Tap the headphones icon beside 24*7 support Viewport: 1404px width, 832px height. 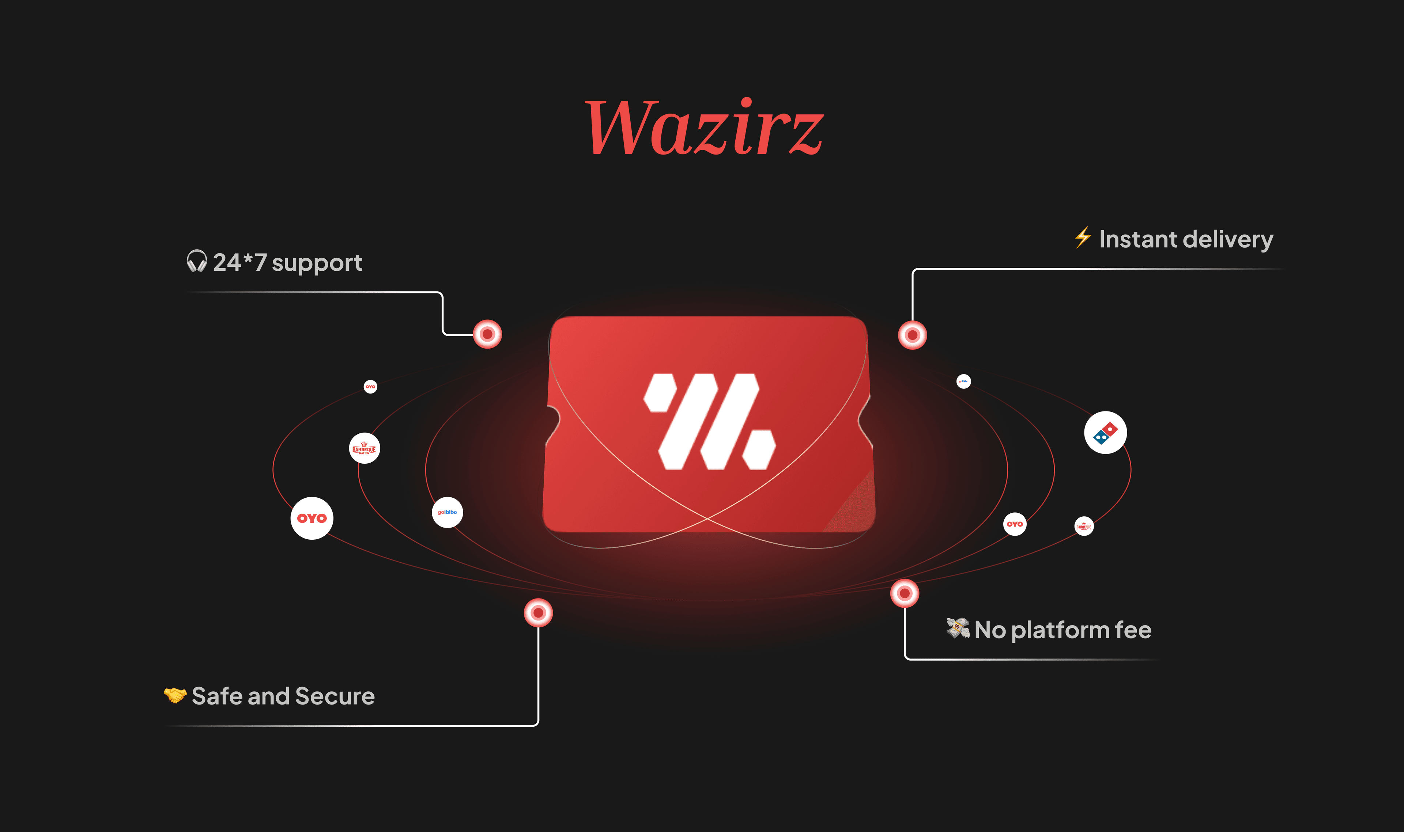pyautogui.click(x=196, y=262)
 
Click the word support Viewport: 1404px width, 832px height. pyautogui.click(x=317, y=263)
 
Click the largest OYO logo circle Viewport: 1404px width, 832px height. pyautogui.click(x=312, y=518)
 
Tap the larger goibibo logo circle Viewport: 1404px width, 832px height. pyautogui.click(x=447, y=512)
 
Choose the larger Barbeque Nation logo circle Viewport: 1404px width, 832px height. pyautogui.click(x=364, y=448)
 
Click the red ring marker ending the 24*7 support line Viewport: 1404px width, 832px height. pyautogui.click(x=487, y=334)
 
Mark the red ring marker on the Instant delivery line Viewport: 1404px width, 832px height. pyautogui.click(x=912, y=335)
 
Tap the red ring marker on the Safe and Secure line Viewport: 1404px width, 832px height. pyautogui.click(x=538, y=613)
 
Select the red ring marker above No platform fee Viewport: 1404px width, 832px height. pyautogui.click(x=904, y=593)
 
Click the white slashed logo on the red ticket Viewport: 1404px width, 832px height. pyautogui.click(x=709, y=422)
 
